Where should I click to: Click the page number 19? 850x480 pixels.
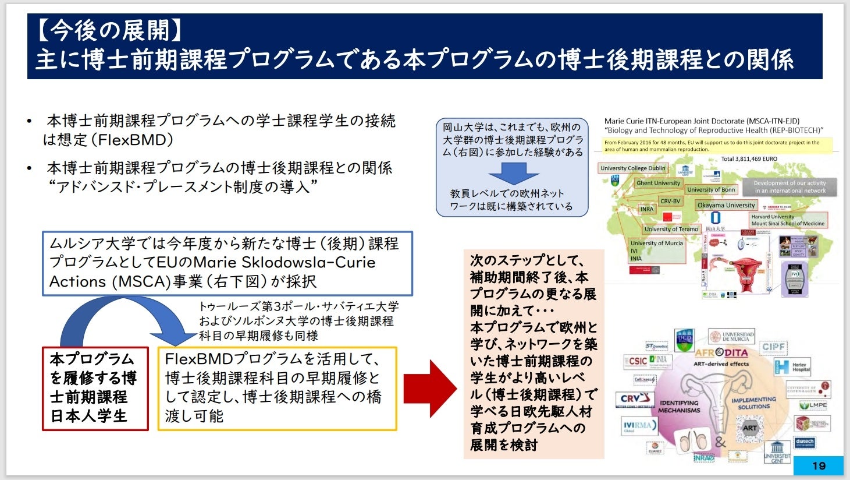819,465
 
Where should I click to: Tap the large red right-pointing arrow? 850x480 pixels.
430,389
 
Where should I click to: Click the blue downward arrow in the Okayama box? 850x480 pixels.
513,173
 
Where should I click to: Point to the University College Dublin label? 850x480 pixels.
632,168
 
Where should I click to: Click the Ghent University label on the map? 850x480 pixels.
658,183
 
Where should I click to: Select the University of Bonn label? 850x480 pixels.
711,189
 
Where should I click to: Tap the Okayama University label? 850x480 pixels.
726,205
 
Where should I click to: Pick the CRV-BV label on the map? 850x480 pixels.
670,201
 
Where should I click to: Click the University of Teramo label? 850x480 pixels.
671,229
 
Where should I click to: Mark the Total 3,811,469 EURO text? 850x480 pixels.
749,158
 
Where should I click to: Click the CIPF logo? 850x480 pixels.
774,347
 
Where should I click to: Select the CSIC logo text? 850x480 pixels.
637,361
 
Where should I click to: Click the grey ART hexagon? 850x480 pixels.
750,428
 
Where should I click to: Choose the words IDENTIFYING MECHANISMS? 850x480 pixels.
679,407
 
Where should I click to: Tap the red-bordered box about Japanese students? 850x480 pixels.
95,389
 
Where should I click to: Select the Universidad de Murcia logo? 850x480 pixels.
731,337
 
